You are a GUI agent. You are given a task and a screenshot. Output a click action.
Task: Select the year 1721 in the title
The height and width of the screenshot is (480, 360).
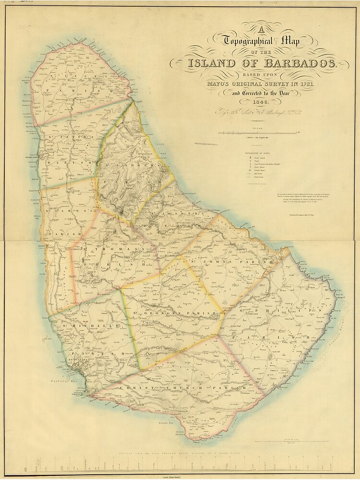(x=312, y=84)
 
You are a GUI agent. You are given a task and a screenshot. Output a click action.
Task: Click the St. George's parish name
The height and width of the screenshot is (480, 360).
(x=171, y=313)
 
